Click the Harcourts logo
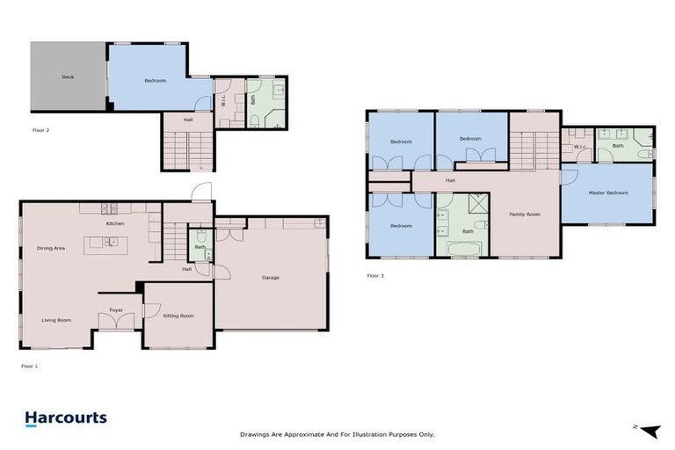(66, 419)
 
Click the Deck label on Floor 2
(68, 77)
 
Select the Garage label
(270, 278)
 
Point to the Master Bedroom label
(608, 192)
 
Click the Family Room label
(526, 214)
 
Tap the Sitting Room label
(178, 316)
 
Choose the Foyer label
(116, 309)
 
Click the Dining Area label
(51, 248)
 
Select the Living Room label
(55, 320)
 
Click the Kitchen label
(115, 224)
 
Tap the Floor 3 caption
(375, 275)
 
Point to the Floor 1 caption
(30, 365)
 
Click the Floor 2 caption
(40, 129)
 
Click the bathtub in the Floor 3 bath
(462, 249)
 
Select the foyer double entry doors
(116, 322)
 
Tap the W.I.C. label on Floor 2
(223, 98)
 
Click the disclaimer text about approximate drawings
(337, 434)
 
